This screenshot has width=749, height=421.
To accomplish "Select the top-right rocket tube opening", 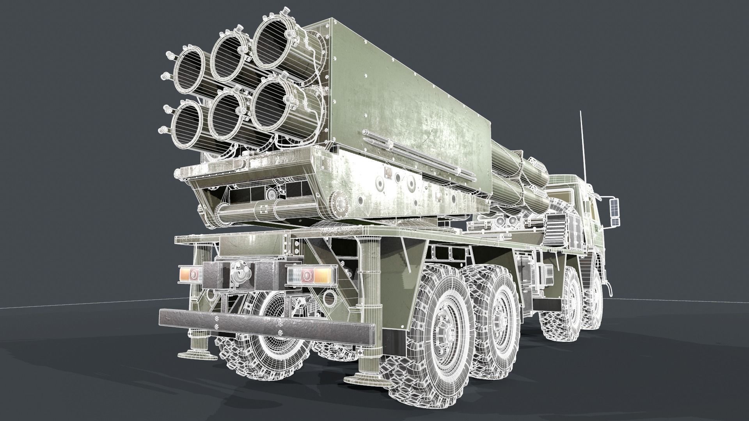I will [272, 44].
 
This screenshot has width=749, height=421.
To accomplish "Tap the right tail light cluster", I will [310, 276].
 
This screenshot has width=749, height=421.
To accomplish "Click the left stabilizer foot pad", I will [197, 355].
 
